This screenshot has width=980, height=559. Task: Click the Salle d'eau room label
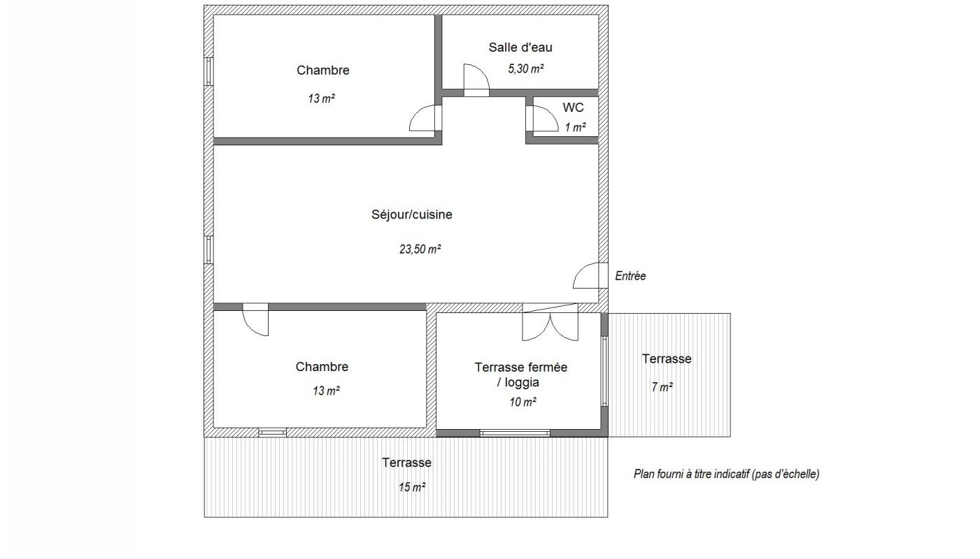click(520, 48)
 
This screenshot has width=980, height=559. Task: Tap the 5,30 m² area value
click(526, 68)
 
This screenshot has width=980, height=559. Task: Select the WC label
click(573, 108)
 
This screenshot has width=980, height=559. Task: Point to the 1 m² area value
click(575, 128)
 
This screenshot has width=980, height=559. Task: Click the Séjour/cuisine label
click(412, 215)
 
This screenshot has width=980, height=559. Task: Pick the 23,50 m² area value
click(420, 249)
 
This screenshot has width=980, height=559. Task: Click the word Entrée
click(630, 276)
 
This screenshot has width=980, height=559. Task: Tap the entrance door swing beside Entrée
click(590, 275)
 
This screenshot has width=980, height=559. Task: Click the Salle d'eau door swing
click(476, 80)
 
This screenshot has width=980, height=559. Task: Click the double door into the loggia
click(551, 322)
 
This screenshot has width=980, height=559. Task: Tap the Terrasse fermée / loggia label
click(520, 375)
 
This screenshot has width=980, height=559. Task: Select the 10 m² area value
click(523, 402)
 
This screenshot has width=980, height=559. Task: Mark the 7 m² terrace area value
click(662, 387)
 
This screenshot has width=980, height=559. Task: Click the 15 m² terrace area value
click(412, 487)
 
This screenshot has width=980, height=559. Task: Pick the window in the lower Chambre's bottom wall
click(272, 433)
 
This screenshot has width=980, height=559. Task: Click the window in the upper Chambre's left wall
click(208, 71)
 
